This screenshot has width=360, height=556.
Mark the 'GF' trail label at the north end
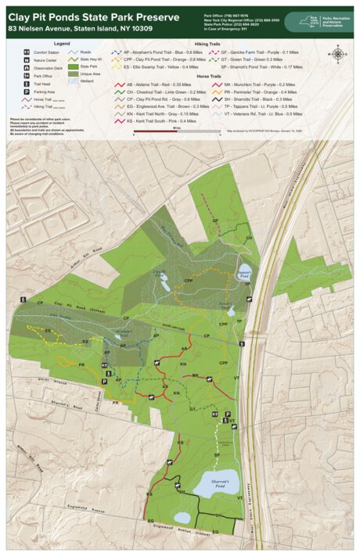pyautogui.click(x=213, y=221)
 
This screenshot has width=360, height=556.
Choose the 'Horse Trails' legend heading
pyautogui.click(x=207, y=76)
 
